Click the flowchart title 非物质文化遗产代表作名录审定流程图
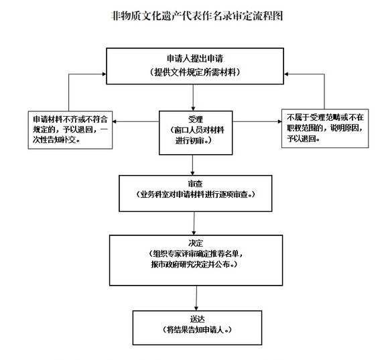(197, 16)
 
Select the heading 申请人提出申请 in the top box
(195, 58)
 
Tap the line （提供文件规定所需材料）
(195, 72)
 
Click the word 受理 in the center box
(196, 119)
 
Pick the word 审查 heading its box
(196, 184)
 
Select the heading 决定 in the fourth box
(196, 243)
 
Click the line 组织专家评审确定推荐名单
(196, 254)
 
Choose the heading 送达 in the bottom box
(198, 319)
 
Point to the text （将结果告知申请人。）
(198, 330)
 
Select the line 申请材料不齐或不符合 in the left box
(70, 119)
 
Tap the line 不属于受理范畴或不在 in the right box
(325, 117)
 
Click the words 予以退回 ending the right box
(301, 139)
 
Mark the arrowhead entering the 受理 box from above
(193, 109)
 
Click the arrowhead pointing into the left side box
(115, 121)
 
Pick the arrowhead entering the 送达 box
(196, 308)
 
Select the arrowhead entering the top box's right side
(286, 74)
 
